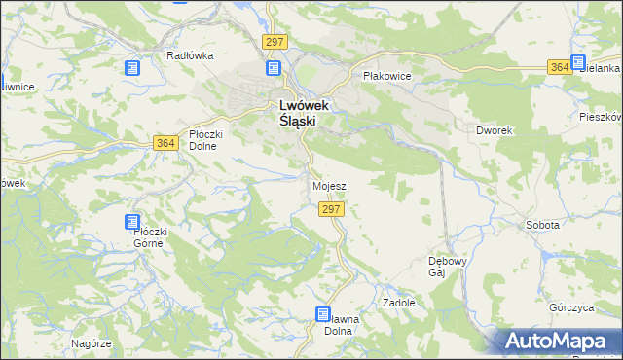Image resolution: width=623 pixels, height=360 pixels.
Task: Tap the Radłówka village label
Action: pos(189,55)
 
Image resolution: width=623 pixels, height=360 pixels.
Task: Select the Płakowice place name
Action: pos(386,75)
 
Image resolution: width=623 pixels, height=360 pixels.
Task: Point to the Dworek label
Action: pos(495,129)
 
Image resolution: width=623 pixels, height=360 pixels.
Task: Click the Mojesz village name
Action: pos(329,185)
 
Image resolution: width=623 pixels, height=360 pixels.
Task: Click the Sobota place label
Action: pos(542,225)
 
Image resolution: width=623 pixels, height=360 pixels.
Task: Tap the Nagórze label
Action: pos(92,343)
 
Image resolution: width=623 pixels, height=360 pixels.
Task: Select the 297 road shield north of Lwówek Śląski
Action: pos(274,41)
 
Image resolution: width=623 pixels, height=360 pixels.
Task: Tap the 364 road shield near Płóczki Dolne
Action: pos(165,143)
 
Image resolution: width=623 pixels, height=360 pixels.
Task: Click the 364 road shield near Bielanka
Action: pos(558,66)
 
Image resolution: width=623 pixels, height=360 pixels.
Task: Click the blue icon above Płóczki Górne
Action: pos(132,222)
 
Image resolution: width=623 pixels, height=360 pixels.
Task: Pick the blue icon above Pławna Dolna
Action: pos(322,314)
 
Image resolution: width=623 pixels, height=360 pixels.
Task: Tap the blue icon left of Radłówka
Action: pos(132,67)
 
